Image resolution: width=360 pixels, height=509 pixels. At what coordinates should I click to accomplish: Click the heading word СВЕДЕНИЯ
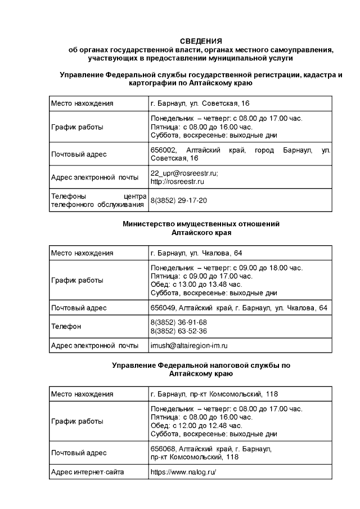[x=201, y=41]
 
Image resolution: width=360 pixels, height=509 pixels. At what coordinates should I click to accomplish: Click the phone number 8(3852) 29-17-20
[x=179, y=200]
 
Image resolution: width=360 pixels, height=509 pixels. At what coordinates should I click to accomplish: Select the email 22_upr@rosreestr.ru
[x=184, y=173]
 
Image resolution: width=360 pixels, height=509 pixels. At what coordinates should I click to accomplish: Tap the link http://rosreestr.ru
[x=177, y=181]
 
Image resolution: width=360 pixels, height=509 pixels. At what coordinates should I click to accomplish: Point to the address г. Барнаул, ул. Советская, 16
[x=200, y=103]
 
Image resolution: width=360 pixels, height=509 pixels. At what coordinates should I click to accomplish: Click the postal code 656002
[x=164, y=150]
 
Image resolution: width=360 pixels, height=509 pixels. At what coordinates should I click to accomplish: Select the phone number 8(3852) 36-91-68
[x=179, y=322]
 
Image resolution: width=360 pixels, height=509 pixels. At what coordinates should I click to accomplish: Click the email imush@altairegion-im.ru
[x=188, y=345]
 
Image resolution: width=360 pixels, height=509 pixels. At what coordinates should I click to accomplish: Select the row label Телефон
[x=66, y=326]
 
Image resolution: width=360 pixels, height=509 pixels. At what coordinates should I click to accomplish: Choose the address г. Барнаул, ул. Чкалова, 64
[x=196, y=253]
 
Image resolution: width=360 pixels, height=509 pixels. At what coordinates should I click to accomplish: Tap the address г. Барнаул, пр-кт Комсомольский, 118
[x=214, y=394]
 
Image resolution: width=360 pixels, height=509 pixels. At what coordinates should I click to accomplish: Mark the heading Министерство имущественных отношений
[x=201, y=224]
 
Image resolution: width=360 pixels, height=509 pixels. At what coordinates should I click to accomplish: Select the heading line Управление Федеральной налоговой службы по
[x=201, y=365]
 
